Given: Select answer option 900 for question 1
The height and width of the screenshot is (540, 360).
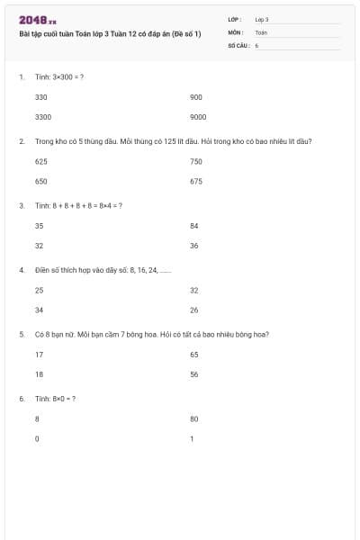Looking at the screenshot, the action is (196, 96).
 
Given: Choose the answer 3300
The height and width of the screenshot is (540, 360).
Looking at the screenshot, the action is (42, 117).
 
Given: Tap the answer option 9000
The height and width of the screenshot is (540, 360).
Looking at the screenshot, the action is (198, 117).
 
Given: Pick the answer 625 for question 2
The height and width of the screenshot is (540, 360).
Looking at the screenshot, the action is (40, 161).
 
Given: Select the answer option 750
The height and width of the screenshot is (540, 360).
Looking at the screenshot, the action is (196, 161).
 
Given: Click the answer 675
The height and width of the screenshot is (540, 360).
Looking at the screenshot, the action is (196, 181).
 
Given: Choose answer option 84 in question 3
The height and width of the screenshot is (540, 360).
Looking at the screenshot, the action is (194, 226).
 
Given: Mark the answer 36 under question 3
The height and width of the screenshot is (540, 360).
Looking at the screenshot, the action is (194, 246).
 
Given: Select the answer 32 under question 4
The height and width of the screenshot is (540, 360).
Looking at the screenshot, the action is (194, 290).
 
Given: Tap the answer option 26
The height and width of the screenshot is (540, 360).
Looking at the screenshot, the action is (194, 310).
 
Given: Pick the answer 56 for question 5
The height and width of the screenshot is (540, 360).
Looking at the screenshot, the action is (194, 374).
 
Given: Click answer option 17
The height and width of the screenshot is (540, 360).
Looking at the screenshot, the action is (39, 355).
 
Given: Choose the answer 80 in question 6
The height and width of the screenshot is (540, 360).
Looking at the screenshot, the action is (194, 418).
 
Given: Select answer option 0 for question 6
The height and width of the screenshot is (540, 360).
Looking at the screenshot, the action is (37, 439).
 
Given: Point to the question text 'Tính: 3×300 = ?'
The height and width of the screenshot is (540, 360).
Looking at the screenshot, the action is (58, 77).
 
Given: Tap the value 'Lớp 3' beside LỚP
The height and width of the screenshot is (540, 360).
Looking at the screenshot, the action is (261, 19).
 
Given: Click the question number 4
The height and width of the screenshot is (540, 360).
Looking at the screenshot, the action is (21, 270).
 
